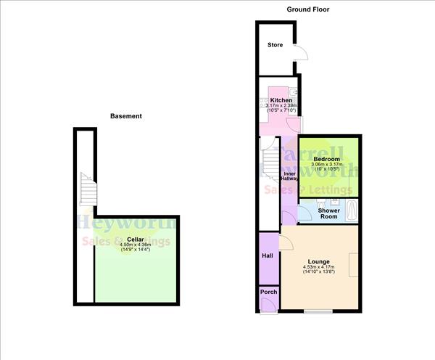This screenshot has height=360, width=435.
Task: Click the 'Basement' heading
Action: point(125,116)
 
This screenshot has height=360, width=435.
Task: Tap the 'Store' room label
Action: point(275,45)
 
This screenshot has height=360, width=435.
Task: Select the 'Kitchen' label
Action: point(281,100)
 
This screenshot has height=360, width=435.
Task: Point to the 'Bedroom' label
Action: point(327,158)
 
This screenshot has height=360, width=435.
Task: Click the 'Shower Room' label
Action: point(328,213)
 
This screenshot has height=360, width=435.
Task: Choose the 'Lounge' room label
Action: point(319,261)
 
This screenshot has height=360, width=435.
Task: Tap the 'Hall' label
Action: point(267,255)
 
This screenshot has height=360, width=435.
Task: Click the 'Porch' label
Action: point(269,292)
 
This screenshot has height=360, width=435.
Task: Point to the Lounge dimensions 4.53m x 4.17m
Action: point(319,269)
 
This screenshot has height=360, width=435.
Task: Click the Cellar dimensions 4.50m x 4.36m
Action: point(136,247)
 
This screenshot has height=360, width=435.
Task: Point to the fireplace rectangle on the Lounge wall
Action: point(353,264)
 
